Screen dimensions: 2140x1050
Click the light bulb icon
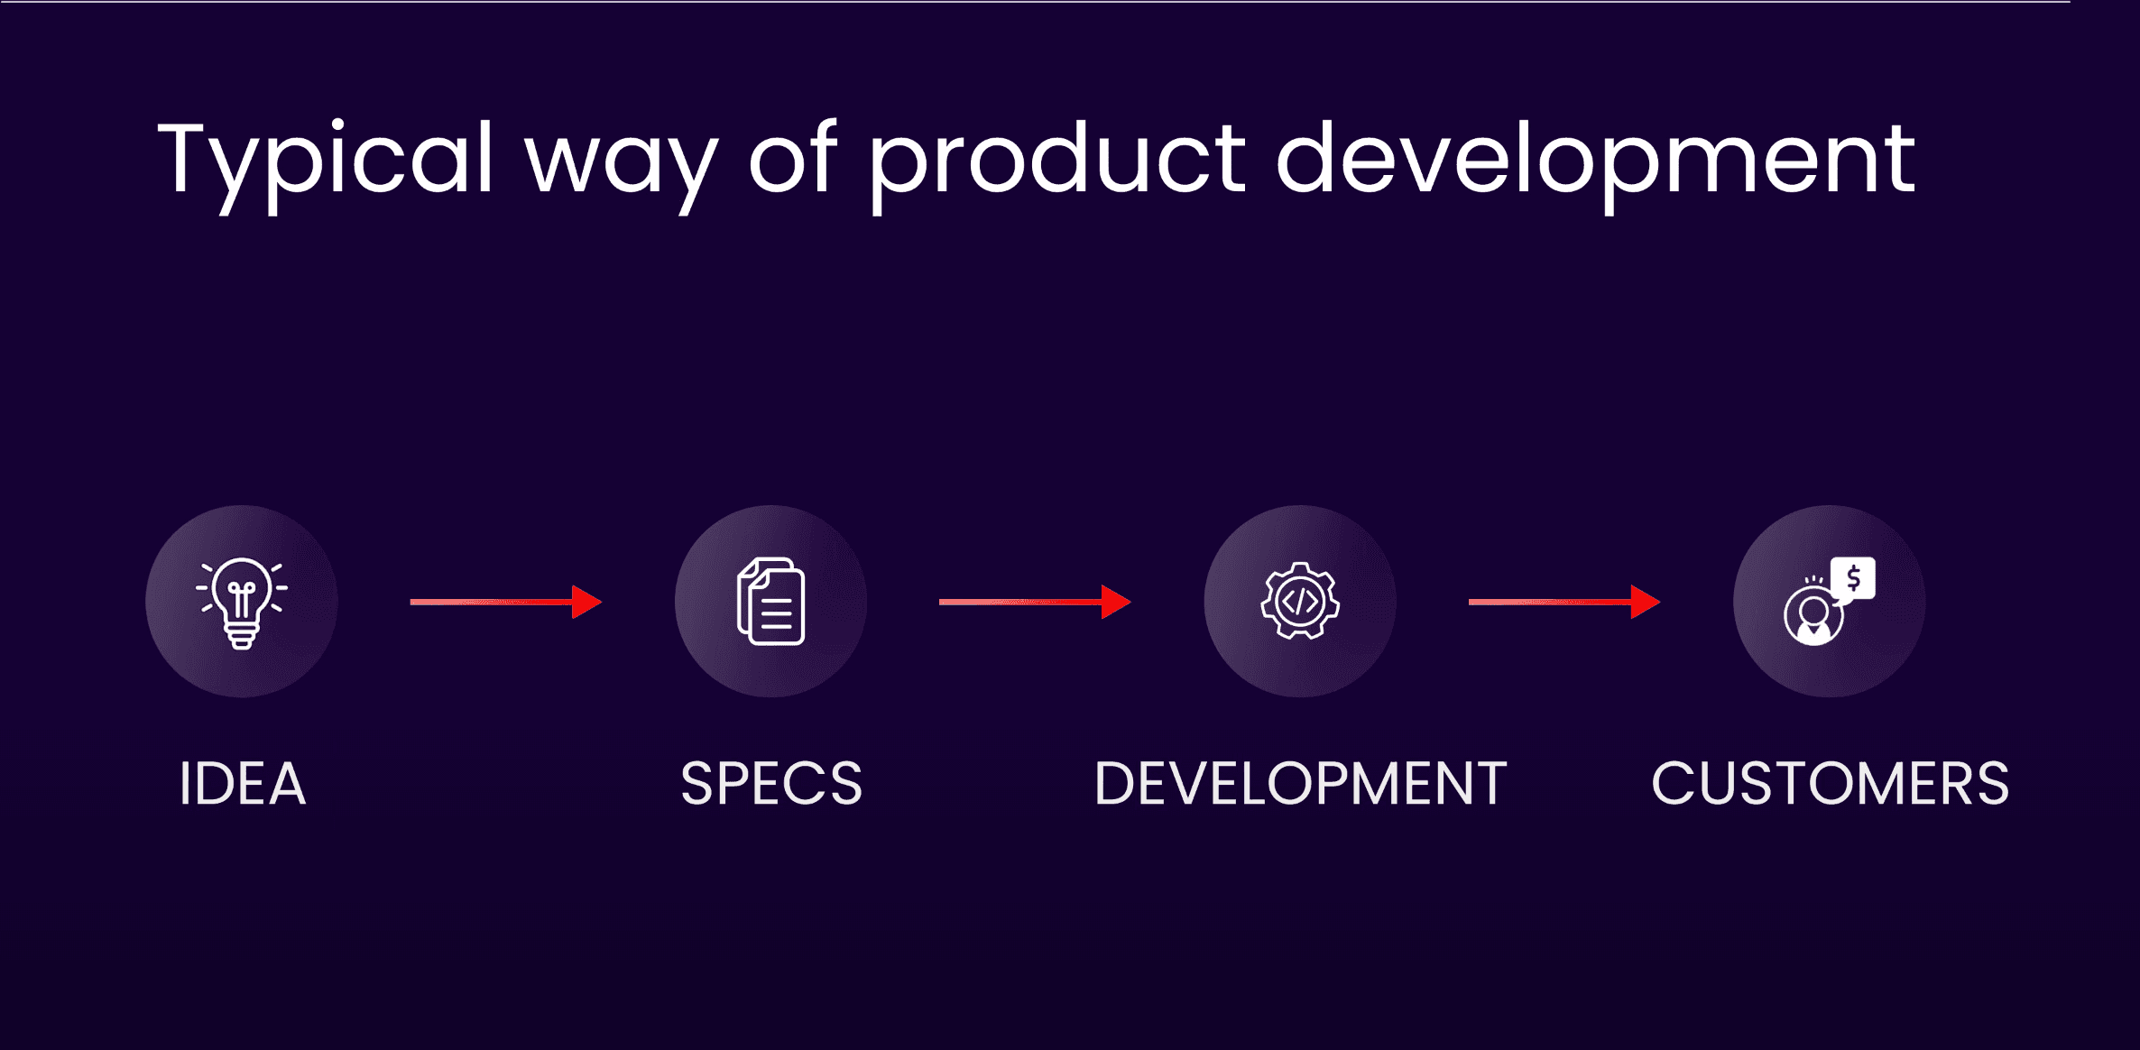(242, 603)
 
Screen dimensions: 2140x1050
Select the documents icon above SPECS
(771, 602)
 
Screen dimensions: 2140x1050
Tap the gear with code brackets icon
(1300, 601)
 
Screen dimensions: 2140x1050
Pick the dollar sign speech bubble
(1853, 579)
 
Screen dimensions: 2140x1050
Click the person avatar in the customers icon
(1813, 616)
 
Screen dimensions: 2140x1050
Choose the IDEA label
(243, 783)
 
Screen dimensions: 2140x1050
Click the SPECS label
(771, 783)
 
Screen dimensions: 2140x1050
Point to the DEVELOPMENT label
(1300, 783)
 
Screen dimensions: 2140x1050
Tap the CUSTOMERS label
(1830, 783)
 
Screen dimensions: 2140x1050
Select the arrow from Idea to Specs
(506, 602)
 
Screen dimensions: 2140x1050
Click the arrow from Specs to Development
(1035, 602)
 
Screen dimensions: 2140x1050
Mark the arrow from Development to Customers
(1564, 602)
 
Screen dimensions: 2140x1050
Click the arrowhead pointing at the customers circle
(1646, 602)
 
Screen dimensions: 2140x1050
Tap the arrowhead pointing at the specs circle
(586, 602)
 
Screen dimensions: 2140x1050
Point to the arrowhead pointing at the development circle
(1116, 602)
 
